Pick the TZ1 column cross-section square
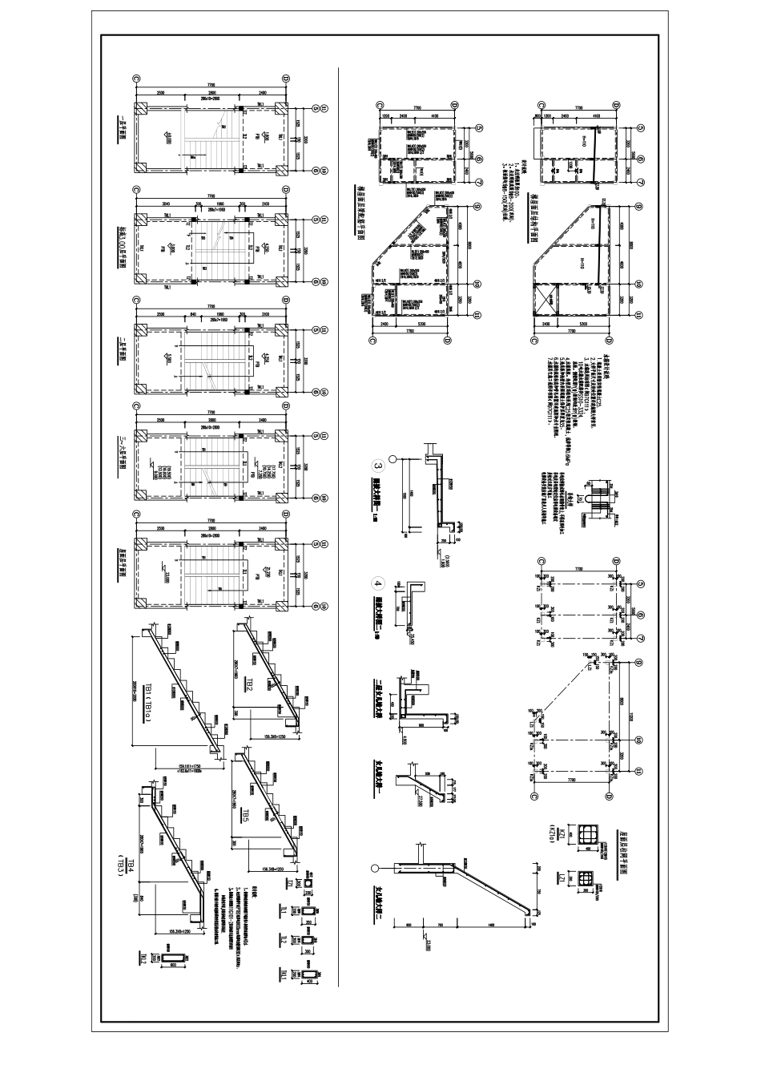pyautogui.click(x=308, y=881)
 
